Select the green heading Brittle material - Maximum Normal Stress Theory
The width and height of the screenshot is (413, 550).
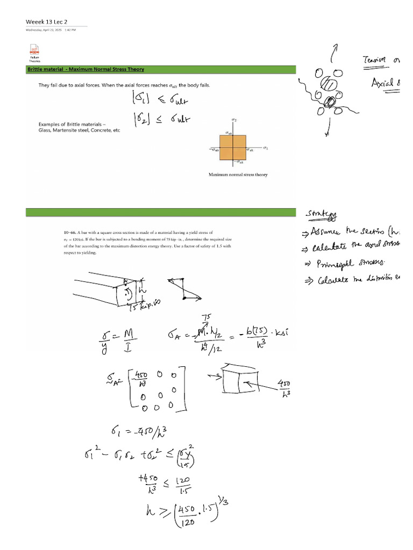click(x=86, y=69)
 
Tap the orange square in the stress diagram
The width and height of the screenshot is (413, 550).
click(x=232, y=148)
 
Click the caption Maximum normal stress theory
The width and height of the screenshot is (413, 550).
click(x=238, y=175)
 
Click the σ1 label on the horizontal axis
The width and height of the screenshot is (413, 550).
click(x=266, y=147)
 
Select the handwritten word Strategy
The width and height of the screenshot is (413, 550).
click(x=322, y=215)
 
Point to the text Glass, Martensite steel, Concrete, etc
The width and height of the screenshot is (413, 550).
click(x=79, y=131)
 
